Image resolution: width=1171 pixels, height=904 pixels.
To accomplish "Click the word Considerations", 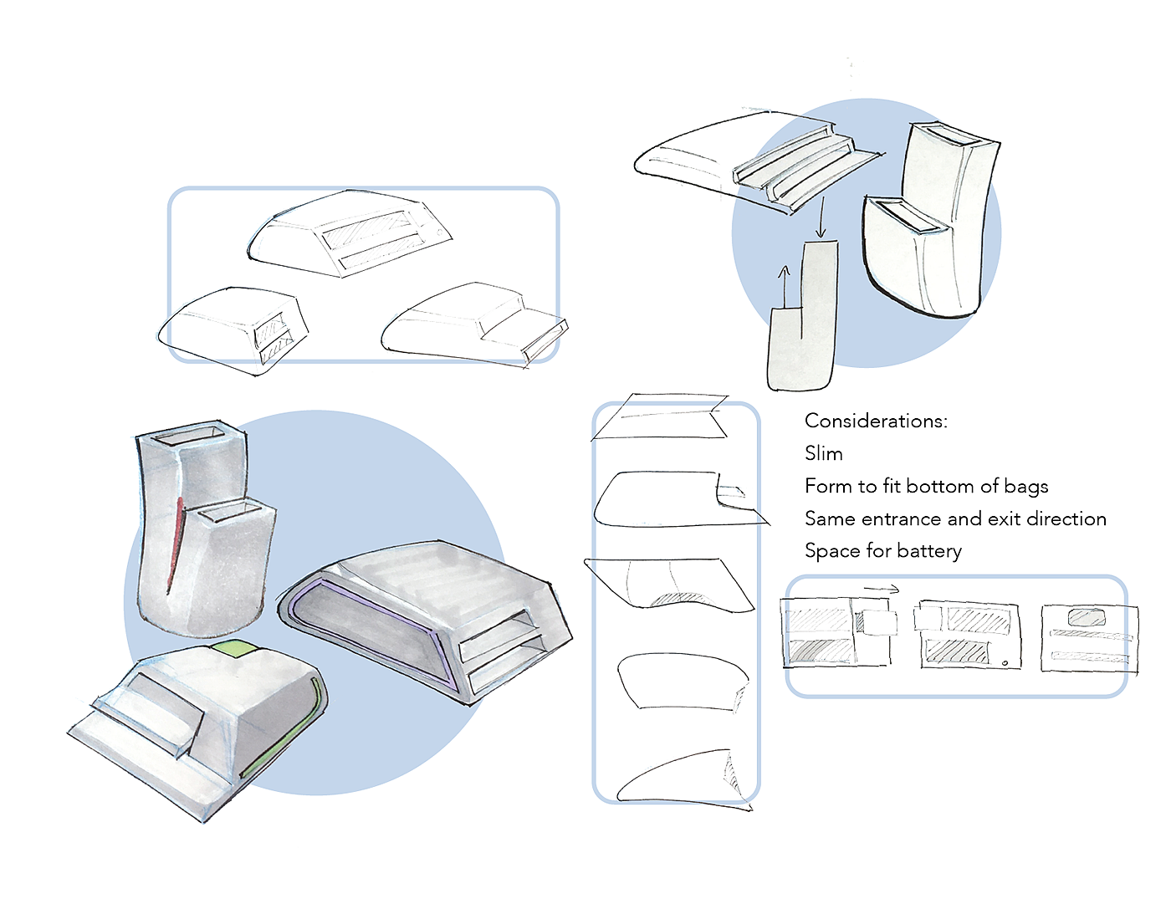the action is [x=876, y=421].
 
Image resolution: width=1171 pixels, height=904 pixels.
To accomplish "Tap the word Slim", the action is [x=823, y=453].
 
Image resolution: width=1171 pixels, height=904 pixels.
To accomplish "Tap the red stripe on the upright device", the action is [x=176, y=545].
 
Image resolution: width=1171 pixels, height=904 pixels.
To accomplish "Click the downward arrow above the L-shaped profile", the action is [x=821, y=217].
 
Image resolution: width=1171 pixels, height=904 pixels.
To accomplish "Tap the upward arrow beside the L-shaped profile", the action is [x=784, y=286].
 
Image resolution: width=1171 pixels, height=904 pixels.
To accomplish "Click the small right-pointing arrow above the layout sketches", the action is [x=882, y=590].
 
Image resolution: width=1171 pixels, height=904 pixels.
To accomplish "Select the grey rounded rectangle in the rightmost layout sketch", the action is [x=1087, y=617].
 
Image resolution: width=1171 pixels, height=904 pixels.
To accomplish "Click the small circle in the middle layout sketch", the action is [x=1005, y=661].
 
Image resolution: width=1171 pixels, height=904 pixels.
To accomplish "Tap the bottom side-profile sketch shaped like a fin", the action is [x=684, y=779].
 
